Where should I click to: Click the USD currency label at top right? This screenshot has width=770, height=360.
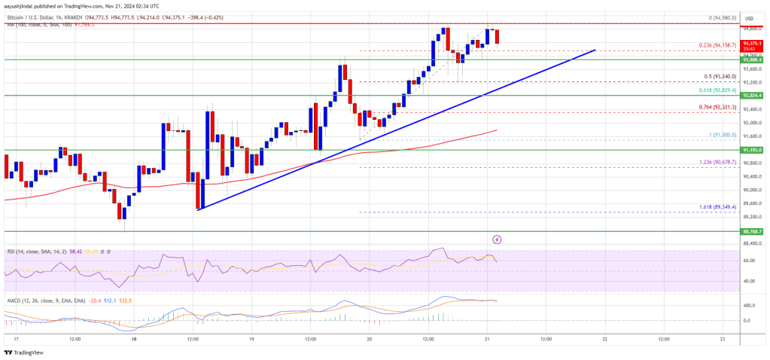750,17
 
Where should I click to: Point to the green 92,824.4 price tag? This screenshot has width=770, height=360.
750,96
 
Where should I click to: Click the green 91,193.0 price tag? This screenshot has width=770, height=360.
750,150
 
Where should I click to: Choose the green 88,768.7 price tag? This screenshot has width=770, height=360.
750,232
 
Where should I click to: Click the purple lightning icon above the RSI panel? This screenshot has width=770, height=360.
497,239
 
